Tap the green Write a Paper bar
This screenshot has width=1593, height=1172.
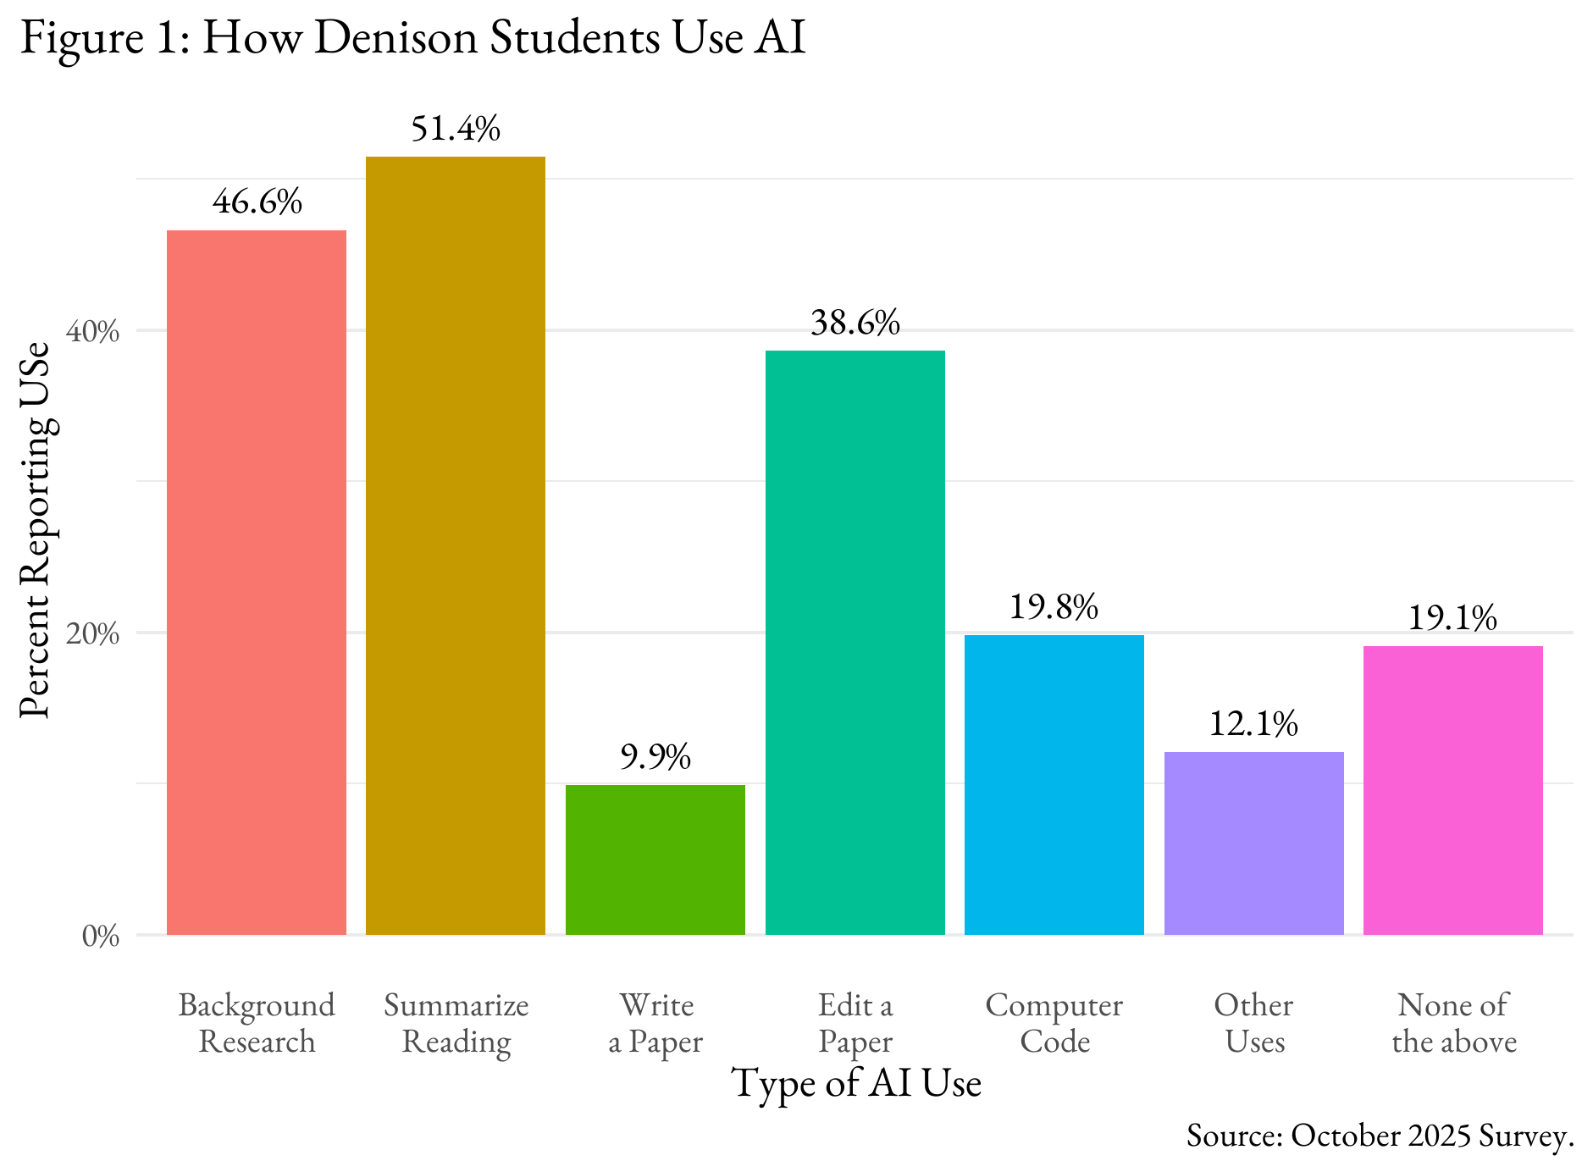(x=655, y=860)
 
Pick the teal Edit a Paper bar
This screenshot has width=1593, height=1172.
(x=855, y=643)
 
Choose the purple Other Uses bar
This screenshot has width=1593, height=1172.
(x=1253, y=843)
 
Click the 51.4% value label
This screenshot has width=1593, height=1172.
(x=456, y=129)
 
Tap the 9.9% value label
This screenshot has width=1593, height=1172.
(x=655, y=757)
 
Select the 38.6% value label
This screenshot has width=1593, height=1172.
(x=855, y=323)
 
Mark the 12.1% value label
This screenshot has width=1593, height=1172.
(x=1253, y=724)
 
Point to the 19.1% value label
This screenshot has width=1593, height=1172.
(x=1453, y=618)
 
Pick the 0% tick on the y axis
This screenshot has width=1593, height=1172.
(x=101, y=937)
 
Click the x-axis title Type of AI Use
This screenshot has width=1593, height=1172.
(x=856, y=1083)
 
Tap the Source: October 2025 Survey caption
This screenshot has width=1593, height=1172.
(x=1380, y=1136)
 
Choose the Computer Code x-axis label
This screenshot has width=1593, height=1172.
(x=1054, y=1023)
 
